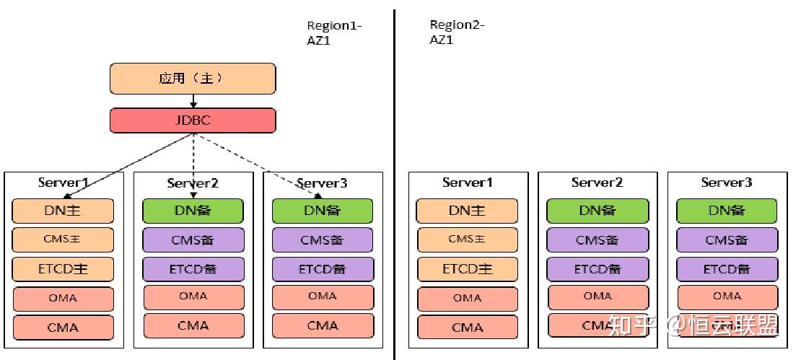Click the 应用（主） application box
pos(193,79)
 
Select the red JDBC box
pos(193,120)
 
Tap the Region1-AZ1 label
pos(334,33)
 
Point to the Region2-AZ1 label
pos(457,32)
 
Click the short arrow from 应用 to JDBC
pos(193,101)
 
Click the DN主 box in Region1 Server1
pos(63,211)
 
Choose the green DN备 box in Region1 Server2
pos(193,211)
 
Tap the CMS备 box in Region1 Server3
pos(323,240)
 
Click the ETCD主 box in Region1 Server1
pos(63,268)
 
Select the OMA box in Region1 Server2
pos(193,297)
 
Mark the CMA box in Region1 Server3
pos(323,325)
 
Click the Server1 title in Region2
pos(467,183)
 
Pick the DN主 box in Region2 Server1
pos(467,211)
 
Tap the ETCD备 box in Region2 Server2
pos(597,268)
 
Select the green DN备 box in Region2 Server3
pos(727,211)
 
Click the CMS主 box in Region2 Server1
pos(467,240)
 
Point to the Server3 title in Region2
pos(727,183)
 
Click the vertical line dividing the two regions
pos(394,180)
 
